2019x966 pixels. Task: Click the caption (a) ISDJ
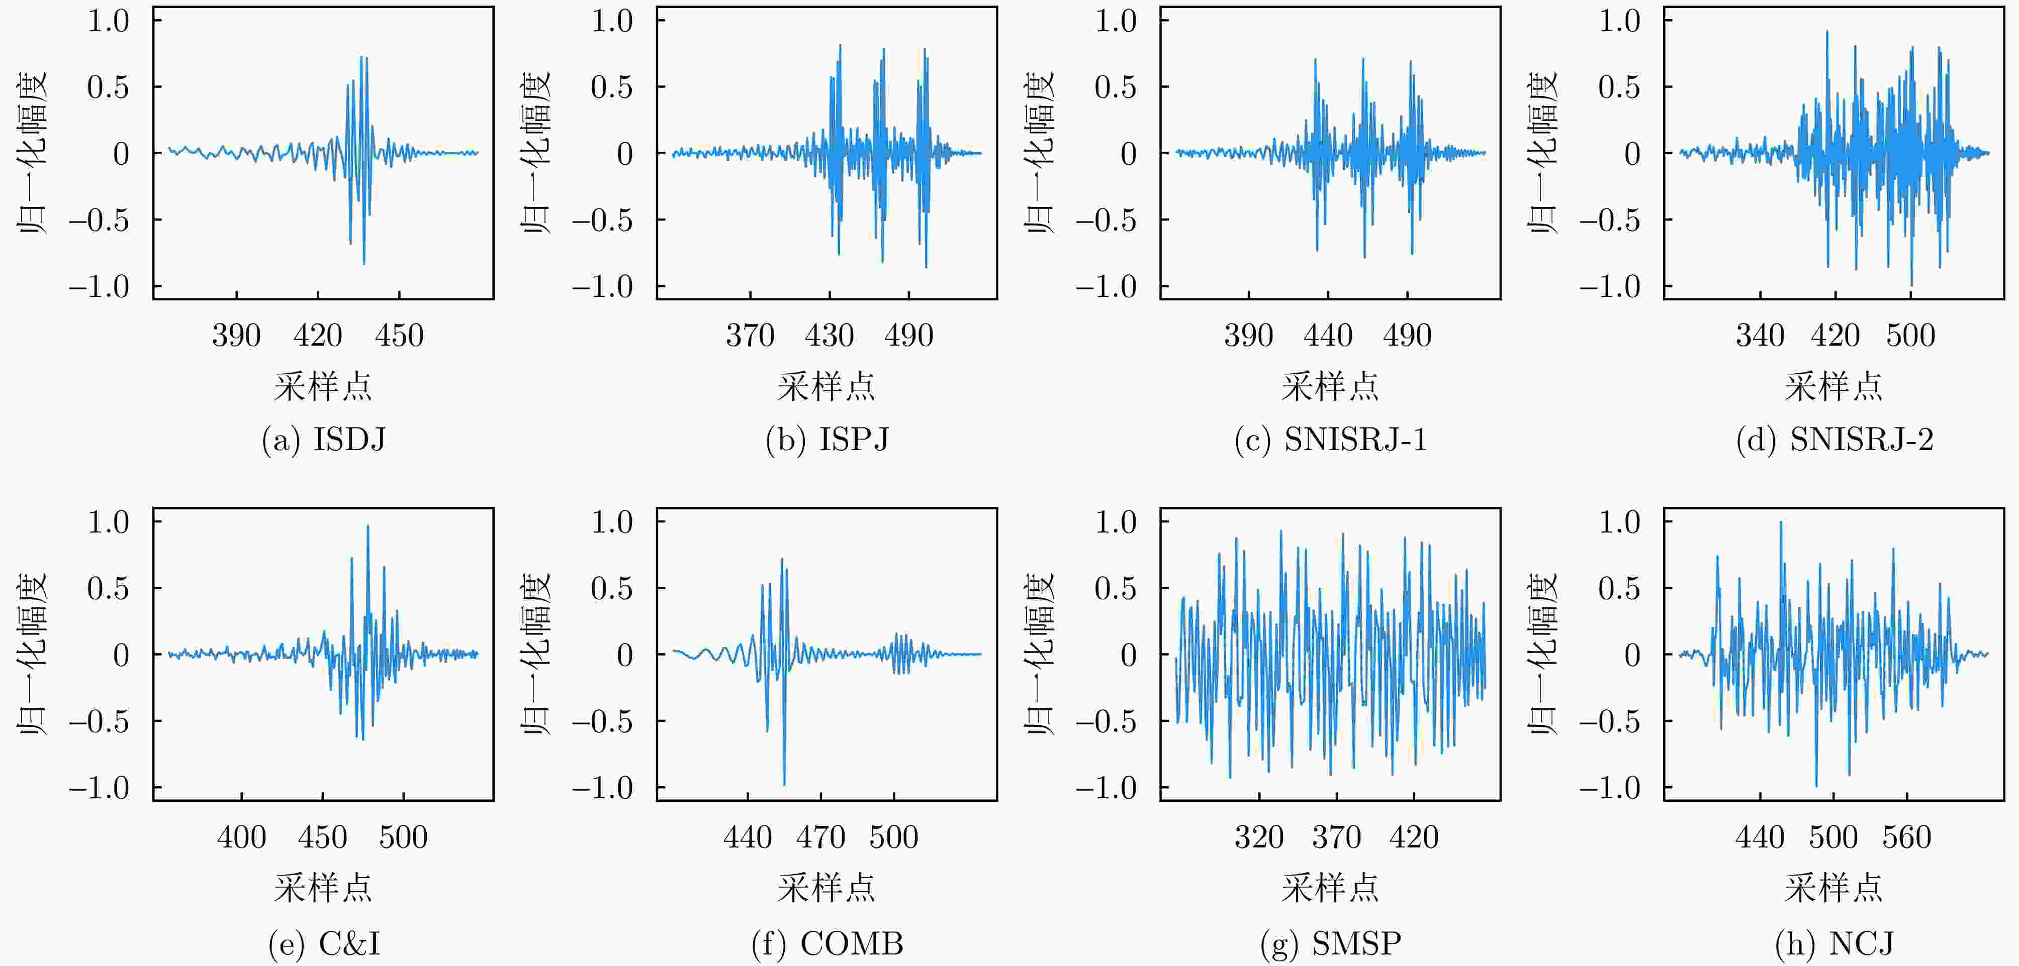click(x=324, y=441)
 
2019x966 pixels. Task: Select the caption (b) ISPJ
click(x=827, y=441)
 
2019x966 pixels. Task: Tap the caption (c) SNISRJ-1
click(x=1330, y=441)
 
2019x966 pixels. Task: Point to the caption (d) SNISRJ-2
click(x=1834, y=441)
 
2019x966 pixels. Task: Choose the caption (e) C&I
click(x=324, y=943)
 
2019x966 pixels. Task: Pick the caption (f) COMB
click(x=827, y=943)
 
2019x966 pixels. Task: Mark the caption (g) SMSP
click(x=1330, y=943)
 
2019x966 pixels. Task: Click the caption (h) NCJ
click(x=1834, y=943)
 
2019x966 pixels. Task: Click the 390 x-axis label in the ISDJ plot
click(x=236, y=336)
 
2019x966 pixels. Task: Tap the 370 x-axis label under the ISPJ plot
click(x=750, y=336)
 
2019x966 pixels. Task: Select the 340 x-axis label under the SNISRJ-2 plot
click(x=1760, y=336)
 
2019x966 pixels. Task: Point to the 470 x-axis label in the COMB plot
click(x=820, y=837)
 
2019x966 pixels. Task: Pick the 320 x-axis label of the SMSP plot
click(x=1259, y=837)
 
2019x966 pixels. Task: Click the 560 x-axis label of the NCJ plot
click(x=1906, y=837)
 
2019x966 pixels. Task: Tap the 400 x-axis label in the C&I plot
click(x=241, y=837)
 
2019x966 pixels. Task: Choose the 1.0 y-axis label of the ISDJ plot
click(x=108, y=21)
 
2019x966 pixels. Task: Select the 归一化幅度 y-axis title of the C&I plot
click(x=33, y=654)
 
